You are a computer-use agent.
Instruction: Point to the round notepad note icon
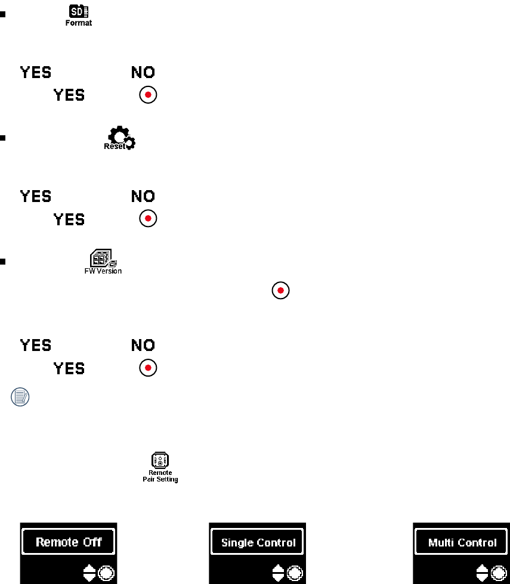coord(21,396)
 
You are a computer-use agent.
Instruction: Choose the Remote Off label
coord(69,542)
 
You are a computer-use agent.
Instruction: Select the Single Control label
coord(258,543)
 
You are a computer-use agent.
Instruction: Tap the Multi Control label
coord(462,543)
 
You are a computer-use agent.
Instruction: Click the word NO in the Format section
coord(143,73)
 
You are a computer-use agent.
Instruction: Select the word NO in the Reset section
coord(143,196)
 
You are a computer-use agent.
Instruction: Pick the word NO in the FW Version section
coord(143,345)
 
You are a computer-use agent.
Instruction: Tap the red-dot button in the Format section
coord(147,95)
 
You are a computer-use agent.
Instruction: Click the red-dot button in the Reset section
coord(147,219)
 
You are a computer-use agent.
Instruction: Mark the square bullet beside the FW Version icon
coord(4,260)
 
